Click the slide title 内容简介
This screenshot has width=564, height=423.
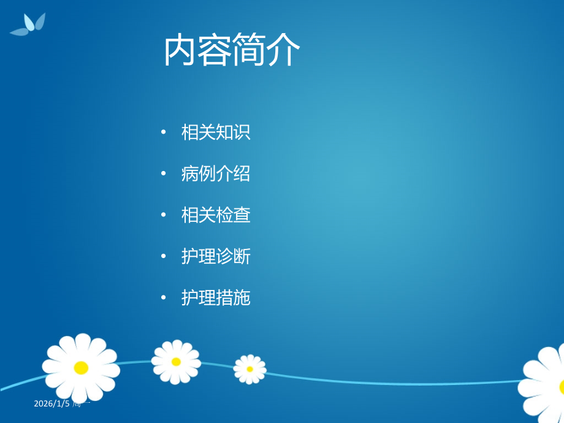pyautogui.click(x=232, y=51)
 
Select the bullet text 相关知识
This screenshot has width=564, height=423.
pyautogui.click(x=216, y=132)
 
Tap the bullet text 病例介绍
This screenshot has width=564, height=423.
pyautogui.click(x=216, y=174)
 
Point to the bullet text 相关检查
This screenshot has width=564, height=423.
pyautogui.click(x=216, y=215)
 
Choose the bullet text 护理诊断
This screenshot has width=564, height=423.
pyautogui.click(x=216, y=257)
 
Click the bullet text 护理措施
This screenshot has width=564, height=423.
pyautogui.click(x=216, y=298)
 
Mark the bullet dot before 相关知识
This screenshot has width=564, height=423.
pyautogui.click(x=163, y=132)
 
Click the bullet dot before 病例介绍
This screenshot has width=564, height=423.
pyautogui.click(x=163, y=174)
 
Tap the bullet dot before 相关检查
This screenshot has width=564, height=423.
pyautogui.click(x=163, y=215)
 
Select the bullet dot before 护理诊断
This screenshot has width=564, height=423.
pyautogui.click(x=163, y=257)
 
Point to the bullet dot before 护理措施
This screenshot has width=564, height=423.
pyautogui.click(x=163, y=298)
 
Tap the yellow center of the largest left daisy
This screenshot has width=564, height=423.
pyautogui.click(x=81, y=368)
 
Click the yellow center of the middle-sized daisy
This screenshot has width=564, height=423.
pyautogui.click(x=176, y=362)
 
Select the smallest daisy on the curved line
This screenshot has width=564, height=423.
pyautogui.click(x=250, y=369)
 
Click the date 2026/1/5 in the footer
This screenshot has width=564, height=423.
pyautogui.click(x=53, y=403)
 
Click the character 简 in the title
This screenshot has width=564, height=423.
pyautogui.click(x=249, y=51)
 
